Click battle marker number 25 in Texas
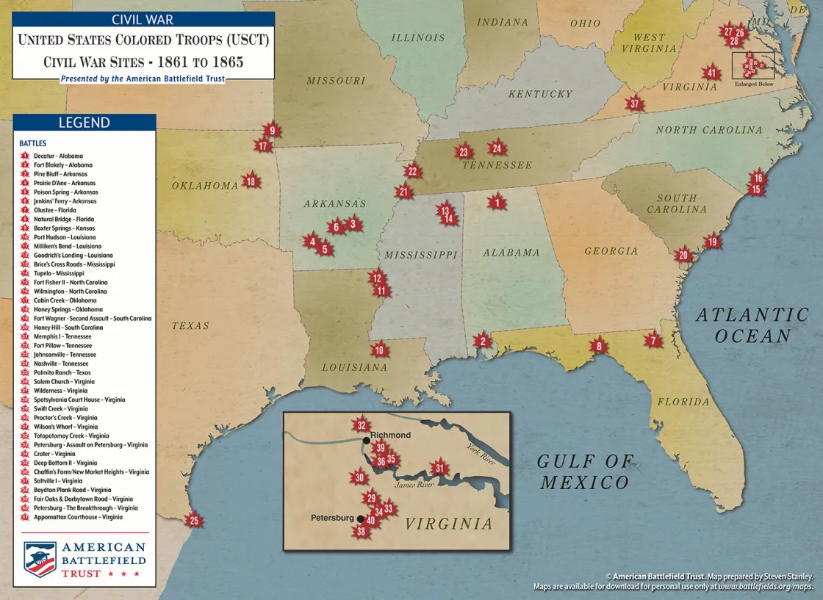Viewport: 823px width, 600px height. point(194,521)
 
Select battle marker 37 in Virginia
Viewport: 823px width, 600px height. point(634,104)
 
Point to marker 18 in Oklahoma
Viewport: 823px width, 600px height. point(251,181)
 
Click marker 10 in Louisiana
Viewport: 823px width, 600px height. point(379,350)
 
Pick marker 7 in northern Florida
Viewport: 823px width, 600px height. point(653,340)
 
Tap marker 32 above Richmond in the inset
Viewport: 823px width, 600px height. point(361,425)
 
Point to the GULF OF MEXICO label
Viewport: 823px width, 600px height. point(585,471)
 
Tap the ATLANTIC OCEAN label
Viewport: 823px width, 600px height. point(752,325)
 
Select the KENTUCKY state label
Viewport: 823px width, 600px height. point(539,94)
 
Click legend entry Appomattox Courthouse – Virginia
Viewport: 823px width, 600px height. point(78,517)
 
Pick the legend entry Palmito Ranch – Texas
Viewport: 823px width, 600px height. point(63,372)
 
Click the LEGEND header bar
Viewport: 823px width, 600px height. point(84,123)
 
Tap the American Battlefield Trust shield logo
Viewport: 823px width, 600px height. point(40,558)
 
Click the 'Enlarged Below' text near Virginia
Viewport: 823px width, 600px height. point(754,84)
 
